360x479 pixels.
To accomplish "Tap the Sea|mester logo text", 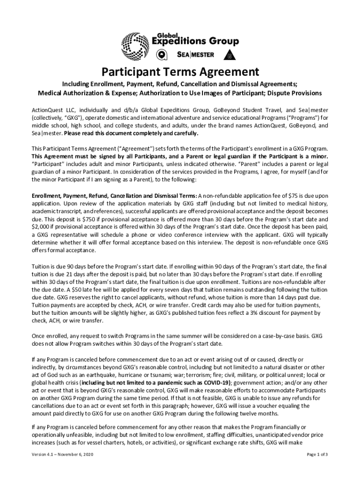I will coord(196,54).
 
